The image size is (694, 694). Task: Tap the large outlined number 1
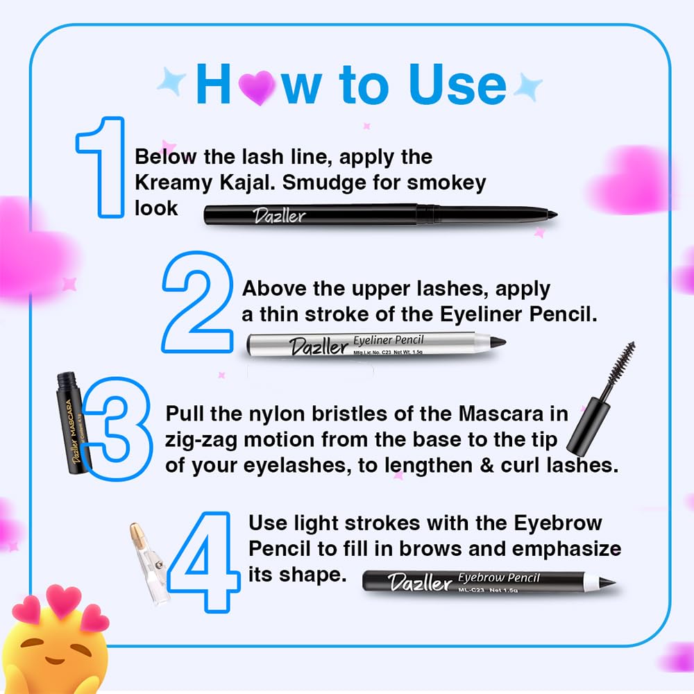103,167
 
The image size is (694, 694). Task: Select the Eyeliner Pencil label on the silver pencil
388,340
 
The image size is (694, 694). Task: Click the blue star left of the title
171,82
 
